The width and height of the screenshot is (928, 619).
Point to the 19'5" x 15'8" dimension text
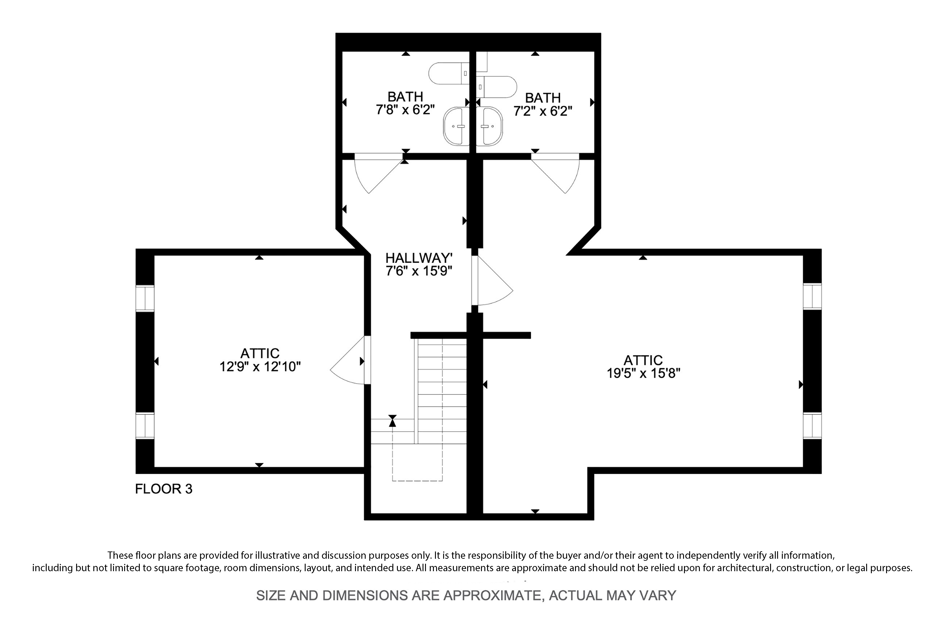coord(643,373)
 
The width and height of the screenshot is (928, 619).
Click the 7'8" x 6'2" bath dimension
coord(405,109)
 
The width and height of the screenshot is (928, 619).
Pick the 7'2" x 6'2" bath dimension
coord(543,111)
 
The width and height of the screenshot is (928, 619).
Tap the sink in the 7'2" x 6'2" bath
coord(489,126)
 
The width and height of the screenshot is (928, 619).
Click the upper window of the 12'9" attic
coord(145,298)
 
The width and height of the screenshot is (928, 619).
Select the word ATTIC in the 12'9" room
coord(260,353)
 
